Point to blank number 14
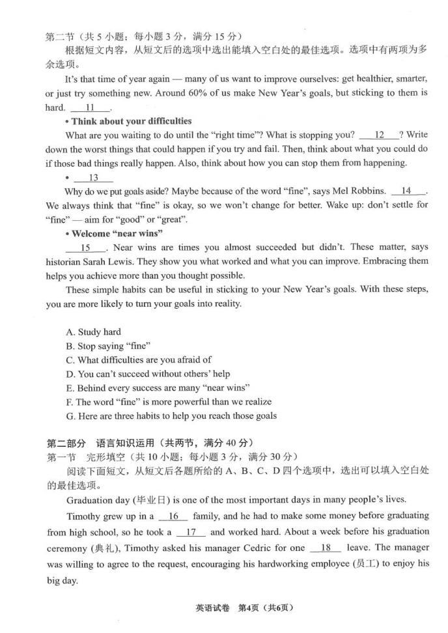tap(406, 191)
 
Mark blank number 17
tap(191, 532)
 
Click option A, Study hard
tap(93, 332)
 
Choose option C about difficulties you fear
tap(138, 359)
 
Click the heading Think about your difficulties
tap(132, 121)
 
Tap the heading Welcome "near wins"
tap(117, 233)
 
